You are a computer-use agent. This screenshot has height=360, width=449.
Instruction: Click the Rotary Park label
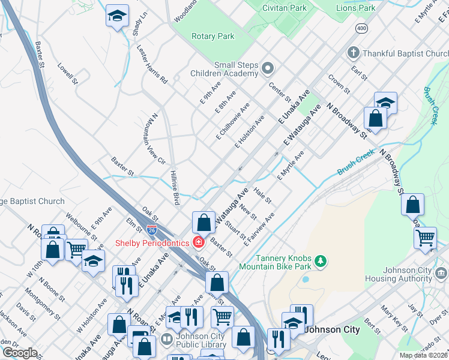tap(212, 37)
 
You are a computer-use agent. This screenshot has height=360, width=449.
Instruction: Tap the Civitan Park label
tap(285, 8)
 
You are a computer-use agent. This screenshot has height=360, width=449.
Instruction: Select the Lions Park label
tap(355, 8)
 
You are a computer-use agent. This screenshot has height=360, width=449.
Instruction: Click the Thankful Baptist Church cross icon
tap(354, 53)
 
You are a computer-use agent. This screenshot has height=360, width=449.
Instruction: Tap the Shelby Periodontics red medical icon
tap(198, 243)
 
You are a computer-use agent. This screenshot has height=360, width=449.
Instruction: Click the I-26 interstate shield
tap(153, 230)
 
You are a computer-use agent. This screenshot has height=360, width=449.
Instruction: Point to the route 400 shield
tap(361, 28)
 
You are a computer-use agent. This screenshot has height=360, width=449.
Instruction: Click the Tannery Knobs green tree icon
tap(321, 260)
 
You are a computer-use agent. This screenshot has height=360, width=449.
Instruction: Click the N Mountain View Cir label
tap(154, 138)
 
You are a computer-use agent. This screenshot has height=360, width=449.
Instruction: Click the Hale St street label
tap(262, 194)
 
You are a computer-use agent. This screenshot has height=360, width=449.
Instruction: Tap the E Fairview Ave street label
tap(259, 228)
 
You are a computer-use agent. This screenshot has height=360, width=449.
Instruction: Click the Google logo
tap(20, 353)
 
